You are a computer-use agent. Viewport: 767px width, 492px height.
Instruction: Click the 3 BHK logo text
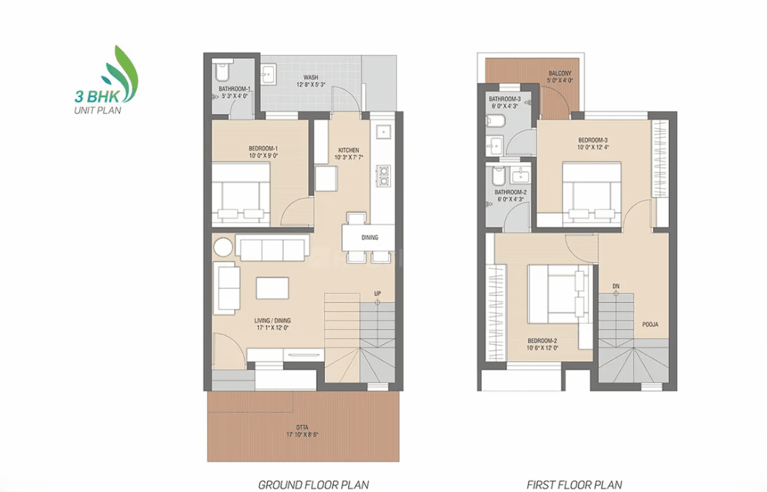click(x=97, y=95)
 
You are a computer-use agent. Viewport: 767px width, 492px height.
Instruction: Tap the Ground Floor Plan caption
click(x=313, y=485)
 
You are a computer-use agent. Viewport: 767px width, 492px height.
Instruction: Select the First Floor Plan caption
click(x=575, y=485)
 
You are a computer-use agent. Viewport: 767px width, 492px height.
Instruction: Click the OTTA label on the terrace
click(x=302, y=428)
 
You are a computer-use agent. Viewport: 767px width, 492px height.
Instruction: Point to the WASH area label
click(x=311, y=77)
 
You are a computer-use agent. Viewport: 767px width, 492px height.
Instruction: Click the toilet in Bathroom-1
click(x=222, y=71)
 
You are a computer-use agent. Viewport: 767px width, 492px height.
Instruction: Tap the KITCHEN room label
click(x=349, y=150)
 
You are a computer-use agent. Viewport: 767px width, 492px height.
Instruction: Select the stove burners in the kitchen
click(x=383, y=176)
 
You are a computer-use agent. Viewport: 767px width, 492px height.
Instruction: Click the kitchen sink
click(x=383, y=132)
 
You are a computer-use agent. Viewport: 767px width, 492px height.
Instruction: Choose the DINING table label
click(x=370, y=237)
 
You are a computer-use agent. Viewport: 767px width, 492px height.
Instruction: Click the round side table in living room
click(x=223, y=247)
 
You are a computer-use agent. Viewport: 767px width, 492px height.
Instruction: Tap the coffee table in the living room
click(x=272, y=287)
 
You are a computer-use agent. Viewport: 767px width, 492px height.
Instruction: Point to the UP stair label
click(x=378, y=293)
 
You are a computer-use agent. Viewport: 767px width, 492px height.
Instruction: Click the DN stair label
click(x=616, y=287)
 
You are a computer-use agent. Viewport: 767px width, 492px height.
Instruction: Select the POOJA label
click(x=650, y=324)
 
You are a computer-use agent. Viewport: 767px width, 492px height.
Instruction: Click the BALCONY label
click(x=560, y=73)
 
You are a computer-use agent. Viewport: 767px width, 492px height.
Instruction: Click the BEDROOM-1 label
click(x=263, y=148)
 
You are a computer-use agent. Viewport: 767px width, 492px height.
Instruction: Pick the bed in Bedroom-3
click(x=592, y=195)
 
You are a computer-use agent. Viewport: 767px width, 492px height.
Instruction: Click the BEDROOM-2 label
click(x=542, y=341)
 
